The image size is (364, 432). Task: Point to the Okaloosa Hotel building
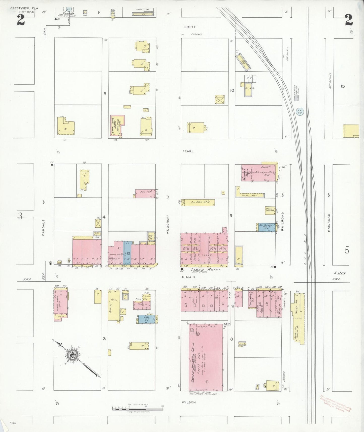point(259,173)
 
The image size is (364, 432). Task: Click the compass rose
point(73,355)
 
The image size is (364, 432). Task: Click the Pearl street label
point(188,151)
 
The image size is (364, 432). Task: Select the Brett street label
point(190,27)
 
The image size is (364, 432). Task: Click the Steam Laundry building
point(270,210)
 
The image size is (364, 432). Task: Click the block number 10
point(232,90)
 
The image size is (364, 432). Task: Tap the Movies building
point(114,305)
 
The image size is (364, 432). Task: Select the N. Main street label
point(189,277)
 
